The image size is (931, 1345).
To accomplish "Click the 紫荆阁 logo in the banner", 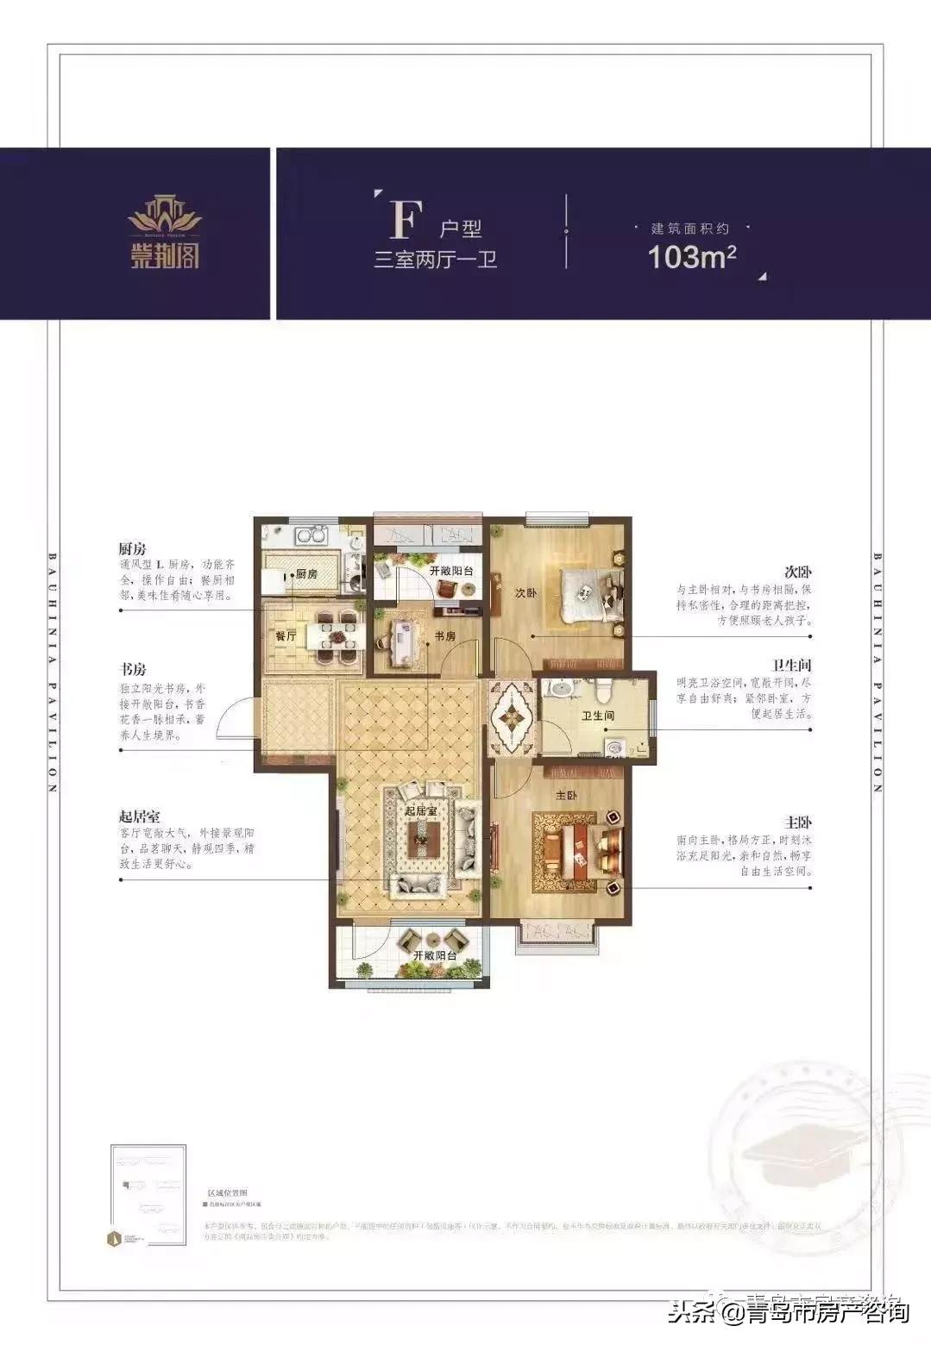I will point(165,232).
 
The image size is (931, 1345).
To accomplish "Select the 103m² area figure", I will point(692,257).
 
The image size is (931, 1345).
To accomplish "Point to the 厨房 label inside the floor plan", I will point(306,574).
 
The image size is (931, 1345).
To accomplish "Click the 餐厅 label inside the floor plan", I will point(286,636).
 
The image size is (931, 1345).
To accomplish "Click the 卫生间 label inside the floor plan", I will point(597,716).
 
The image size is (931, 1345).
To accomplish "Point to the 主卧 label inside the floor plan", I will point(566,796).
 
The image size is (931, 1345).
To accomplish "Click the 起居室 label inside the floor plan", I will point(421,810).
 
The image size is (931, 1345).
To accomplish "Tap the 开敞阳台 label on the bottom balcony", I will point(434,956).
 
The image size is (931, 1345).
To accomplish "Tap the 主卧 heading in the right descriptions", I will point(799,823).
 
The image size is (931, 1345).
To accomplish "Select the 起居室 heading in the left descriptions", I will point(140,816).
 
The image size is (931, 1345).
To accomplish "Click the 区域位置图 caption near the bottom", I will point(227,1191).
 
